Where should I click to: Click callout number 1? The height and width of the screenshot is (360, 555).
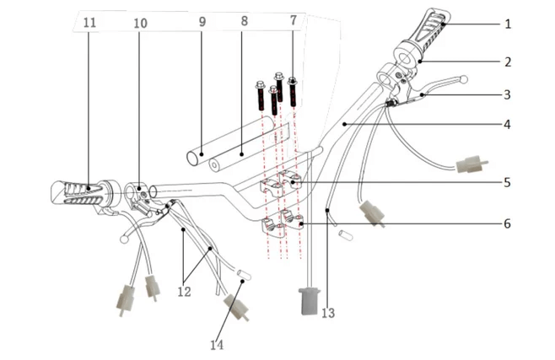pos(508,24)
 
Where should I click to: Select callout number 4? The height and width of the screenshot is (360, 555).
pos(507,125)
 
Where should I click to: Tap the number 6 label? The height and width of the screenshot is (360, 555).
pos(507,224)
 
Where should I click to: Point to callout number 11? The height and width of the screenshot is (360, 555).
pos(89,23)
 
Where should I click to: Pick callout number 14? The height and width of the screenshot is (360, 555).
pos(217,345)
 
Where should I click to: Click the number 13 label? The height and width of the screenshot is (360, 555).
pos(328,313)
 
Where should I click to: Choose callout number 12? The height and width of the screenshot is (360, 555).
pos(184,292)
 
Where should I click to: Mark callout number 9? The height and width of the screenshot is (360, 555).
pos(202,22)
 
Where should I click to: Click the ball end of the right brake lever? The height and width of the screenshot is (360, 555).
pos(464,79)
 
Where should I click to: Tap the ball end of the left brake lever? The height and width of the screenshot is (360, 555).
pos(124,239)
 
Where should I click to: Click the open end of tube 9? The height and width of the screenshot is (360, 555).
pos(192,159)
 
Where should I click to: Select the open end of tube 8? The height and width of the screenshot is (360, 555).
pos(214,164)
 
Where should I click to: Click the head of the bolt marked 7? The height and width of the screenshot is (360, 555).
pos(293,80)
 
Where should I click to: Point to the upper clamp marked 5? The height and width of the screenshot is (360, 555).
pos(291,179)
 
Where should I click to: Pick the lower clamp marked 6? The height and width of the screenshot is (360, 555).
pos(293,220)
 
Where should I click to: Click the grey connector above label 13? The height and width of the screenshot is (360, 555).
pos(310,301)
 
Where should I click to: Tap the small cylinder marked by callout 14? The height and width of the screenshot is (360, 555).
pos(244,275)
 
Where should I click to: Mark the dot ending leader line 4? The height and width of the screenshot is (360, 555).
pos(344,124)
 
